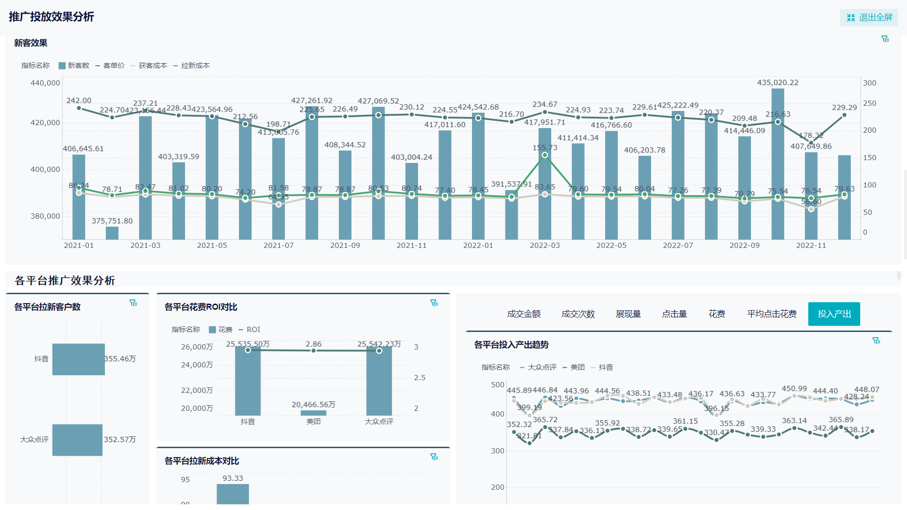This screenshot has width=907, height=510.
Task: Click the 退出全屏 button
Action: click(x=869, y=17)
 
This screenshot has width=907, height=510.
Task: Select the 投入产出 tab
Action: click(x=834, y=314)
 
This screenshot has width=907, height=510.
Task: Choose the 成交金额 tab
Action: click(x=523, y=314)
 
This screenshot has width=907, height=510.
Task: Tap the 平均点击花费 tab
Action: click(x=771, y=314)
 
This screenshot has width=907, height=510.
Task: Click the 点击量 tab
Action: click(x=674, y=314)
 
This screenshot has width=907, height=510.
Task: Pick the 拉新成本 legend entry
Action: click(x=191, y=66)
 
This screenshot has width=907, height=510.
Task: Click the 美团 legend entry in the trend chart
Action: click(x=573, y=367)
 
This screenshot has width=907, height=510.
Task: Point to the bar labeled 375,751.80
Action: click(x=112, y=233)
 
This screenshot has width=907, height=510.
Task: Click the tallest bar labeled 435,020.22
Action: click(x=778, y=165)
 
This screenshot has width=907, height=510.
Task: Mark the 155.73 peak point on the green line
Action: click(x=545, y=155)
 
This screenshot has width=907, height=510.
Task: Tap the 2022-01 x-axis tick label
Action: click(x=478, y=246)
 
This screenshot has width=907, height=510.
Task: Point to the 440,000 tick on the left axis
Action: click(x=45, y=83)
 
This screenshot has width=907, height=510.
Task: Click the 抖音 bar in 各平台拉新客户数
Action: click(x=78, y=359)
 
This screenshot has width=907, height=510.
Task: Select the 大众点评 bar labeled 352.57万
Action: click(x=77, y=440)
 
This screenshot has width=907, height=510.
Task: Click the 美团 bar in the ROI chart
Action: click(x=313, y=413)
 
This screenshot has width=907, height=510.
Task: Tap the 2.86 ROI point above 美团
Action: click(x=313, y=350)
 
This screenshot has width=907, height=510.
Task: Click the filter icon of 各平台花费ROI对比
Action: click(x=434, y=303)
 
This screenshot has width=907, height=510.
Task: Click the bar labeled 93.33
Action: click(x=233, y=495)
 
